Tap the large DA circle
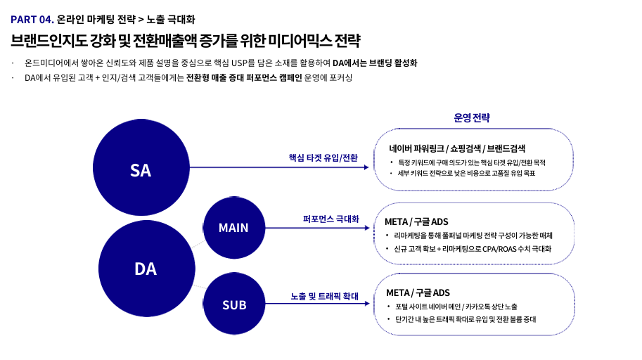[x=146, y=268]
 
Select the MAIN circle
[x=233, y=227]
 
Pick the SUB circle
[x=233, y=304]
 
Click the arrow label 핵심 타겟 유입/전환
[x=323, y=157]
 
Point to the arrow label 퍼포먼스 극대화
[x=330, y=219]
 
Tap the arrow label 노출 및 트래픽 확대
[x=325, y=297]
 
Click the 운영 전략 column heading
[x=471, y=117]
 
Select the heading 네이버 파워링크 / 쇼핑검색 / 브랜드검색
[x=458, y=148]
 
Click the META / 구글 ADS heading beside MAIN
[x=416, y=221]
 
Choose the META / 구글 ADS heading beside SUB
[x=418, y=292]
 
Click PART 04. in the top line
[x=32, y=18]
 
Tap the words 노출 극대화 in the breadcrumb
[x=170, y=18]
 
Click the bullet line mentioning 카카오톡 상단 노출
[x=456, y=307]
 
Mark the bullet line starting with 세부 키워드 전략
[x=466, y=173]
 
